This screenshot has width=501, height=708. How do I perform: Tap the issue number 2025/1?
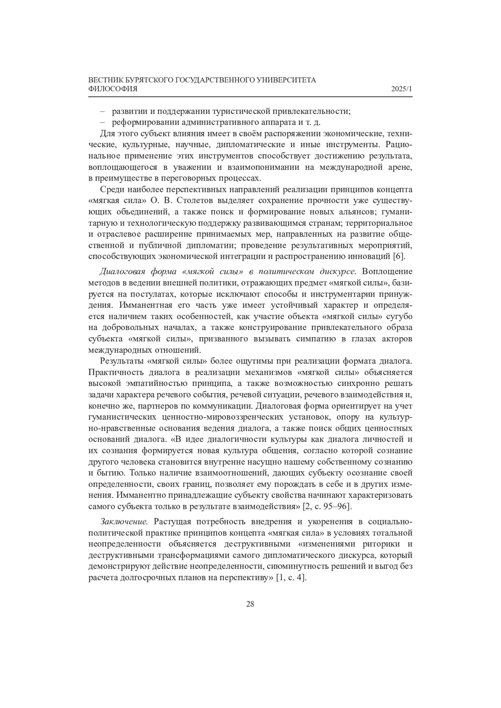[x=402, y=89]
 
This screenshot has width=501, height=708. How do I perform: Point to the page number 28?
[x=250, y=604]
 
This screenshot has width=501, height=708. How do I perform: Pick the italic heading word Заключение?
[x=124, y=522]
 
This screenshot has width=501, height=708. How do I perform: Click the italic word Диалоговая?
[x=121, y=272]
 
